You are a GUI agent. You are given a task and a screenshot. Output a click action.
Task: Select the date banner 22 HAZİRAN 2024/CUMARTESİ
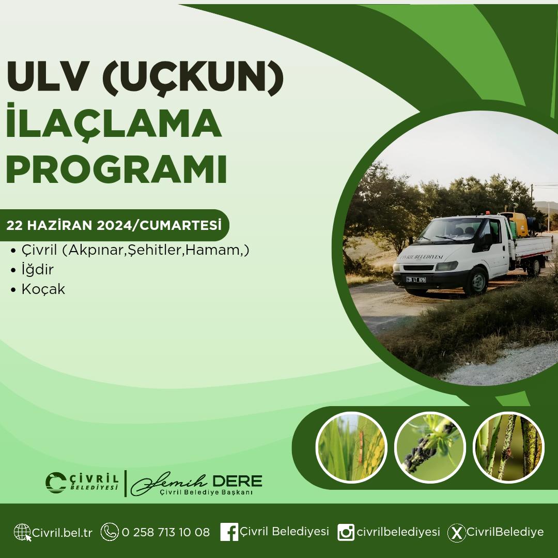(114, 225)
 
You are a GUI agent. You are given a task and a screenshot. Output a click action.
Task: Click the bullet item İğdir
(37, 269)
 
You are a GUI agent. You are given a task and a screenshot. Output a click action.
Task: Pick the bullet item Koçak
(43, 289)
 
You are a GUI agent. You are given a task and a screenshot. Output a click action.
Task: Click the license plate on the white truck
(416, 280)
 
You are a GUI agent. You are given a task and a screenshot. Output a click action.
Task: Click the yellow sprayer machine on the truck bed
(515, 224)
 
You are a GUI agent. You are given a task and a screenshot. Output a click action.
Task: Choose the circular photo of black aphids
(430, 447)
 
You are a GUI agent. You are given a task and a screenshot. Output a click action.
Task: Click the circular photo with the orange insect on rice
(351, 447)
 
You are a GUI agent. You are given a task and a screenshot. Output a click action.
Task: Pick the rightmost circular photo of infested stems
(508, 447)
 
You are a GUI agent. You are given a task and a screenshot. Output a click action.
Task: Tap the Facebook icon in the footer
(229, 532)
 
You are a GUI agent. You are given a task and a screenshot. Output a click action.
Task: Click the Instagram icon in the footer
(346, 532)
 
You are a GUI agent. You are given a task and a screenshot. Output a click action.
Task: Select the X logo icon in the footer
(457, 533)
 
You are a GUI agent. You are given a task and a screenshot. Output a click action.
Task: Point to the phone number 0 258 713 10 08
(166, 532)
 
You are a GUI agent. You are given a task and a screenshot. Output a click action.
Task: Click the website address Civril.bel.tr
(63, 533)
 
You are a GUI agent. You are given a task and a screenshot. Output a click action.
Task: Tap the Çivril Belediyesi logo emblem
(56, 483)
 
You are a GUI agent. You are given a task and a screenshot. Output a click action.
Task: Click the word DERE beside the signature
(237, 481)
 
